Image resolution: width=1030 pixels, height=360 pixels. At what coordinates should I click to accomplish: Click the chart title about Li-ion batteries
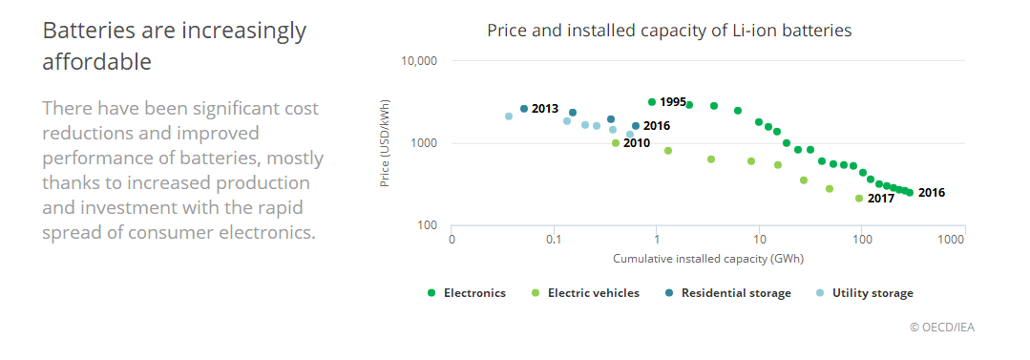pyautogui.click(x=668, y=31)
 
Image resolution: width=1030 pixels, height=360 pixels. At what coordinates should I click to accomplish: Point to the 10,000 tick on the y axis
pyautogui.click(x=417, y=61)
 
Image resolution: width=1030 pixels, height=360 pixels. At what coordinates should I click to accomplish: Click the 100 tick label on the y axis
pyautogui.click(x=424, y=226)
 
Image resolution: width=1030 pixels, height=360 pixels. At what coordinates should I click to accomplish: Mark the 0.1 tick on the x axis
pyautogui.click(x=554, y=240)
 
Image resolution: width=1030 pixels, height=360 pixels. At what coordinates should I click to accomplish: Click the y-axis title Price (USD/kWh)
pyautogui.click(x=386, y=143)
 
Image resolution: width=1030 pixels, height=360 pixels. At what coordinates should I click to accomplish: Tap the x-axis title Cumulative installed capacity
pyautogui.click(x=707, y=258)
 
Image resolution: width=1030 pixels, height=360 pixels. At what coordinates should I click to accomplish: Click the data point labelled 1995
pyautogui.click(x=652, y=102)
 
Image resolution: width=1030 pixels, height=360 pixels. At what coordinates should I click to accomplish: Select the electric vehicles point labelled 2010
pyautogui.click(x=616, y=143)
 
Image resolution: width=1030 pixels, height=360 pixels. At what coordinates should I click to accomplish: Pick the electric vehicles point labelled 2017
pyautogui.click(x=859, y=199)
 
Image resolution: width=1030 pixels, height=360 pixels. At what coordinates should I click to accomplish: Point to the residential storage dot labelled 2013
pyautogui.click(x=524, y=109)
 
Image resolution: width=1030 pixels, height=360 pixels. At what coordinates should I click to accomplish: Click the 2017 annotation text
pyautogui.click(x=881, y=199)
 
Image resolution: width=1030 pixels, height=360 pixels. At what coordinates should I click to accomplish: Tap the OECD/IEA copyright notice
pyautogui.click(x=942, y=328)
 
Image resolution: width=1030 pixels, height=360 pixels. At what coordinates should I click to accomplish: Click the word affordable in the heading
pyautogui.click(x=97, y=62)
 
